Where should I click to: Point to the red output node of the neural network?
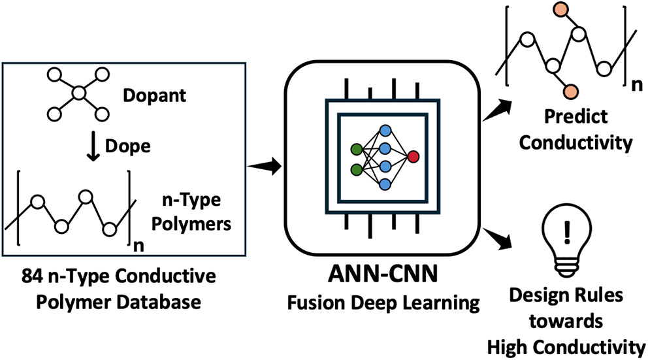(413, 156)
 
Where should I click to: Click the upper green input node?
(357, 148)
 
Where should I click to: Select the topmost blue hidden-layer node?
(385, 131)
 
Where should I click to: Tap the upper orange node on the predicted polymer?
(578, 10)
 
